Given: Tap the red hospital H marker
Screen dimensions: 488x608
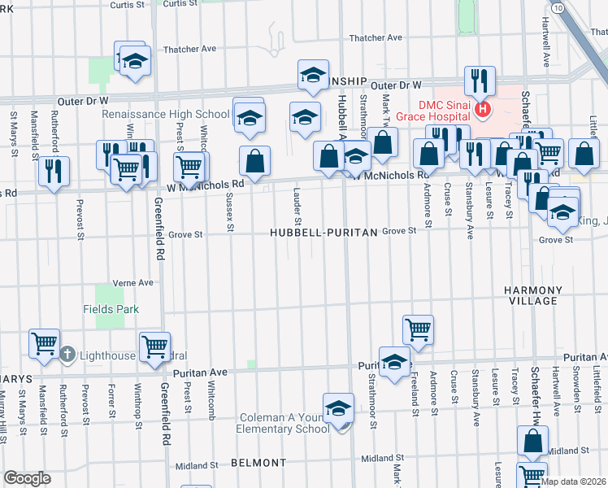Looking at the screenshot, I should (x=484, y=109).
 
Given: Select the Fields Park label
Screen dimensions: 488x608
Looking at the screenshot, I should (x=111, y=309).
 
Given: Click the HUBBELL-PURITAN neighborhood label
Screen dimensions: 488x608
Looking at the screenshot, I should (x=324, y=233).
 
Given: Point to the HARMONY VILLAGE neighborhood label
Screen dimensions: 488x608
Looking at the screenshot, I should (x=532, y=295).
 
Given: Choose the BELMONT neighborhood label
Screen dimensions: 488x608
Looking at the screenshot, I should (x=258, y=462).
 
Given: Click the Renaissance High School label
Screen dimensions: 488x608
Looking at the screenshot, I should (x=166, y=115).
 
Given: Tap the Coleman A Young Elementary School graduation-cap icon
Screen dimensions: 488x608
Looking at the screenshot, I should (x=338, y=408).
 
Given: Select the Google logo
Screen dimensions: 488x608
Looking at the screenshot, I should (x=27, y=478).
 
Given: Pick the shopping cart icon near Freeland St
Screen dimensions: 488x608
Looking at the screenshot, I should (x=417, y=329).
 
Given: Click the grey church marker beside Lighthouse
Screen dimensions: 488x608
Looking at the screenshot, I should (x=67, y=355).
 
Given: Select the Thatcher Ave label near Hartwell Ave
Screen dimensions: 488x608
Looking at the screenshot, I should (x=376, y=37).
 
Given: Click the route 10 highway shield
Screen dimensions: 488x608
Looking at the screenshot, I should (x=557, y=7).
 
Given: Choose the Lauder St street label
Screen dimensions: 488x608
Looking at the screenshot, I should (x=297, y=207).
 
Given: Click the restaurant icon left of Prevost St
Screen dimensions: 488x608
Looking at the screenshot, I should (x=54, y=171).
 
